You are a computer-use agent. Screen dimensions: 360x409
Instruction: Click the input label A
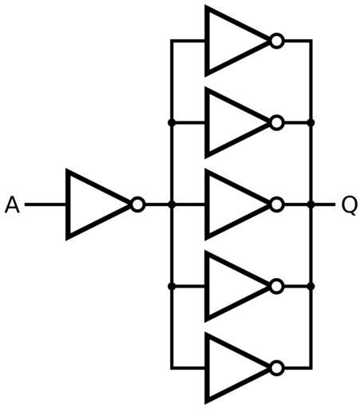click(x=12, y=204)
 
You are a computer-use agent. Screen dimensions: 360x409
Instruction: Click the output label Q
click(x=349, y=205)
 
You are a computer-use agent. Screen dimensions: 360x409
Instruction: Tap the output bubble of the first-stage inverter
click(x=138, y=204)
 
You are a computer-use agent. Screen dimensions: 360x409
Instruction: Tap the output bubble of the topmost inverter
click(x=277, y=41)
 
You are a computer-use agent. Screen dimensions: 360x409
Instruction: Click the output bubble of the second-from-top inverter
click(x=277, y=123)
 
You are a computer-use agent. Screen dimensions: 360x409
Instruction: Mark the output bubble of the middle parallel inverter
click(x=277, y=204)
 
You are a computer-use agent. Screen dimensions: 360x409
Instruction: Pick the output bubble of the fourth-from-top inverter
click(x=277, y=287)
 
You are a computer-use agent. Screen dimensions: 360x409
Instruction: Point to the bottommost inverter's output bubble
click(x=277, y=368)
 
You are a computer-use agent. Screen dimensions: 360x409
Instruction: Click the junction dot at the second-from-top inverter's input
click(x=172, y=123)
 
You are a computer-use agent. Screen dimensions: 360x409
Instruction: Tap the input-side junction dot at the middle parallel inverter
click(x=172, y=204)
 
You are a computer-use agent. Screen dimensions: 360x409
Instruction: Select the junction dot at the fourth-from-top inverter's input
click(x=172, y=287)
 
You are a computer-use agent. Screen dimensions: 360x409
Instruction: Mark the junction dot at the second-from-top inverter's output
click(x=311, y=123)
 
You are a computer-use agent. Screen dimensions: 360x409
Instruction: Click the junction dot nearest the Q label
click(x=311, y=204)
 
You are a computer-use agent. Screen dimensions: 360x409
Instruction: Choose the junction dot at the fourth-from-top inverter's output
click(x=311, y=287)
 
